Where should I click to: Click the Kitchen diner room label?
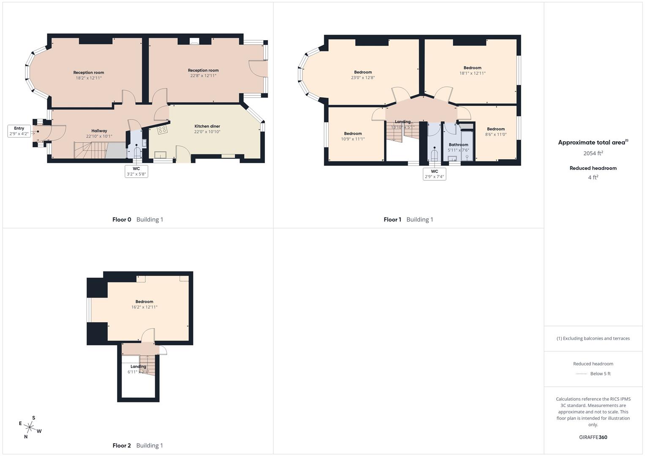(x=207, y=126)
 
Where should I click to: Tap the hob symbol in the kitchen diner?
(x=162, y=130)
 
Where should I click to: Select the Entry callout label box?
(x=19, y=131)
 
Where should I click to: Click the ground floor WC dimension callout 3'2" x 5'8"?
(x=136, y=174)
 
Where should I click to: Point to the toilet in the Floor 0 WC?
(x=137, y=152)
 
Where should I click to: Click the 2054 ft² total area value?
(x=593, y=153)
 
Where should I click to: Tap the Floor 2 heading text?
(x=122, y=445)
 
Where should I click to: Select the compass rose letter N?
(x=26, y=437)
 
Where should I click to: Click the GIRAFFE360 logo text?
(x=593, y=437)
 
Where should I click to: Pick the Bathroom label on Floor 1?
(x=458, y=144)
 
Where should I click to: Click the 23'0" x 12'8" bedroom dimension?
(x=363, y=78)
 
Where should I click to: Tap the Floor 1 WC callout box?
(x=434, y=174)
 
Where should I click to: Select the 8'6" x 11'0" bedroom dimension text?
(x=496, y=135)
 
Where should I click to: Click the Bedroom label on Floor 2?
(x=144, y=301)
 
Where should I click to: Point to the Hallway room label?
(x=99, y=131)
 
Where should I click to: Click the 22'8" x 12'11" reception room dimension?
(x=203, y=76)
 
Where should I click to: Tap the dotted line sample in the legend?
(x=581, y=374)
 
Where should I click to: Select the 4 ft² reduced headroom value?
(x=593, y=177)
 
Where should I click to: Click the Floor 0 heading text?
(x=122, y=220)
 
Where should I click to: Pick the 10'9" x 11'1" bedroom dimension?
(x=353, y=139)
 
